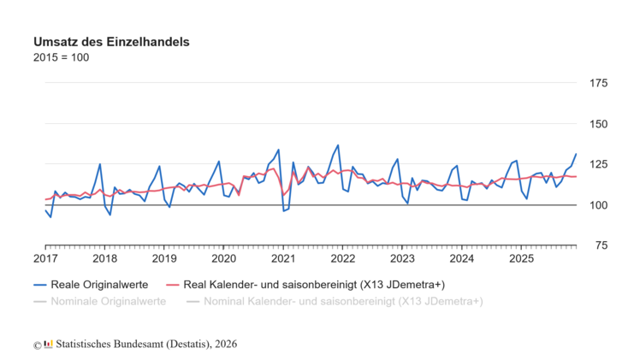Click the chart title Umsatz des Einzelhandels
point(111,41)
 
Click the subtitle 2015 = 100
point(61,57)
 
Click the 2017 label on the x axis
point(45,258)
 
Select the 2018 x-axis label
point(104,258)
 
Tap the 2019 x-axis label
point(164,258)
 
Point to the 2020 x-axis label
point(223,258)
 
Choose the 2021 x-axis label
point(283,258)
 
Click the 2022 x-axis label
point(342,258)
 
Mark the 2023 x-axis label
point(402,258)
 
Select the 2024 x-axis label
point(461,258)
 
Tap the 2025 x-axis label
point(521,258)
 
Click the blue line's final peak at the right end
point(576,154)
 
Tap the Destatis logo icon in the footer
point(49,344)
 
